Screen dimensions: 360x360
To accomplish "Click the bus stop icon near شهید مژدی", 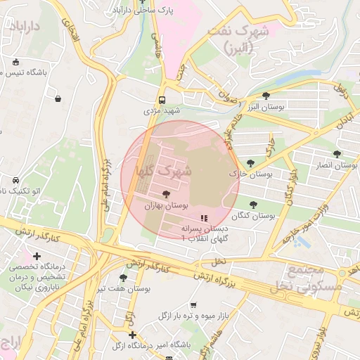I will pyautogui.click(x=162, y=100).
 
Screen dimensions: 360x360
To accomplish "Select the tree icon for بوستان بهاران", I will pyautogui.click(x=166, y=194).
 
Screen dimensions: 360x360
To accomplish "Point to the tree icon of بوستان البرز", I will pyautogui.click(x=266, y=95).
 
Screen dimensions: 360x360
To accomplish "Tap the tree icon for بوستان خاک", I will pyautogui.click(x=250, y=163).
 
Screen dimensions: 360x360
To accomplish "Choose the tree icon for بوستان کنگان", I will pyautogui.click(x=254, y=205).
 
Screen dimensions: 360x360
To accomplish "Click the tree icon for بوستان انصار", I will pyautogui.click(x=337, y=154).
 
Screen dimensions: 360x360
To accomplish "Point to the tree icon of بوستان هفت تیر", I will pyautogui.click(x=124, y=278).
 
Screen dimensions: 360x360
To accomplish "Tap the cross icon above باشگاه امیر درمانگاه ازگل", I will pyautogui.click(x=131, y=335).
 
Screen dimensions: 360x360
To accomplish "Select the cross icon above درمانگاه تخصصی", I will pyautogui.click(x=37, y=257).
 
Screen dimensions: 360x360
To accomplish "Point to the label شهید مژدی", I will pyautogui.click(x=162, y=111).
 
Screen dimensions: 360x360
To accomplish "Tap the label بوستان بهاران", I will pyautogui.click(x=167, y=206).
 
